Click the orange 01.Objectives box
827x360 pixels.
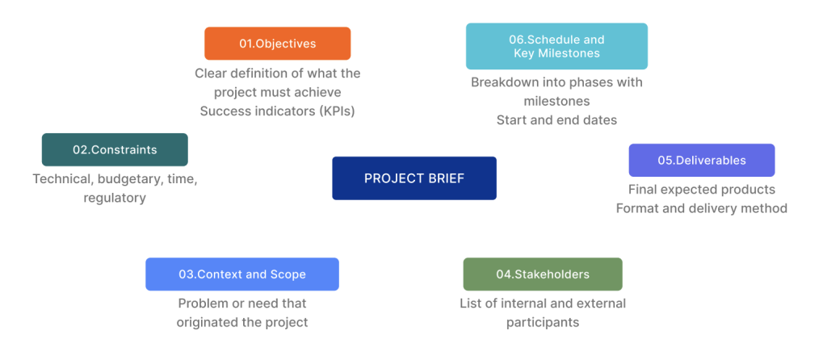(x=278, y=44)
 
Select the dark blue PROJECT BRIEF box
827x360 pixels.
(x=414, y=178)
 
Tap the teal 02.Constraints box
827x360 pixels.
(x=115, y=149)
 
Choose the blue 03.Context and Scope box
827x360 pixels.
(x=242, y=274)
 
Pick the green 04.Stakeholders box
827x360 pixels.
(x=543, y=274)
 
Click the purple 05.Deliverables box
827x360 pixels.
(x=702, y=161)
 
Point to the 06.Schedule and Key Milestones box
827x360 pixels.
(x=556, y=46)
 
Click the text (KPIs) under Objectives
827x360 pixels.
(x=337, y=111)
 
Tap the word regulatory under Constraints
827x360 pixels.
(x=115, y=199)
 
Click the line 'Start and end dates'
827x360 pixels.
(x=556, y=120)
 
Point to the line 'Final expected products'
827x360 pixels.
(x=702, y=189)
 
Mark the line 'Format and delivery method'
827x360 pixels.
(x=702, y=208)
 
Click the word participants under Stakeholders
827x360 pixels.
(x=543, y=323)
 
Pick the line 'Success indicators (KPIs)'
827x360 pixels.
(x=278, y=111)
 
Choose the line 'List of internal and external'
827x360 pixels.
(x=543, y=303)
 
